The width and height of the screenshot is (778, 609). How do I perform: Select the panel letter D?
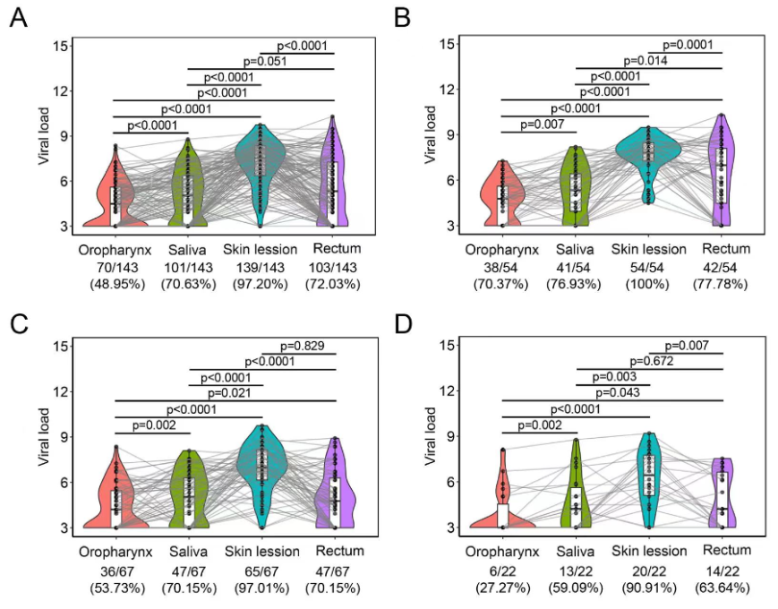click(x=408, y=320)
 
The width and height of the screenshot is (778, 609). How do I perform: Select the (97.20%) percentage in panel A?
click(x=260, y=284)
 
